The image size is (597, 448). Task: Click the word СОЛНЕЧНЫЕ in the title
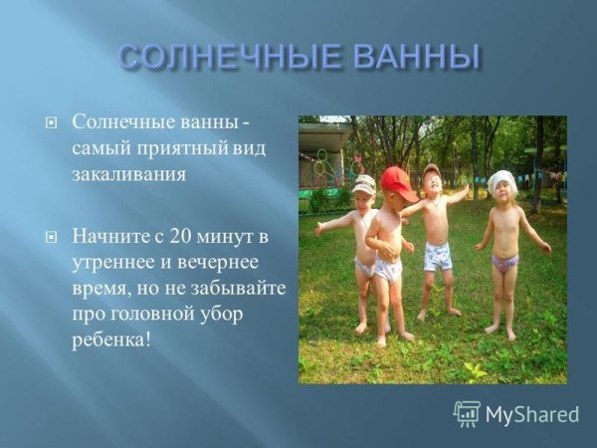[x=226, y=57]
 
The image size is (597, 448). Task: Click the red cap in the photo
[x=398, y=182]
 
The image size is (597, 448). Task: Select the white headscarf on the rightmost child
[x=502, y=180]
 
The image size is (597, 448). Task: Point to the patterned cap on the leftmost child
[x=364, y=185]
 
